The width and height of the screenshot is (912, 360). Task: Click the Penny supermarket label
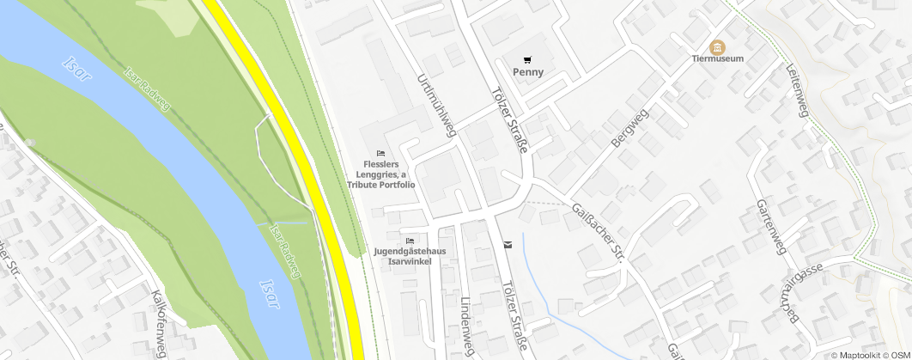click(x=528, y=72)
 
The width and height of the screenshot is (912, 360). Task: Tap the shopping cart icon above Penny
click(x=528, y=59)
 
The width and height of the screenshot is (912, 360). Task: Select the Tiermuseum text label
click(x=717, y=58)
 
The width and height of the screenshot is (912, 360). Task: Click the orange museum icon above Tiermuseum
click(x=717, y=46)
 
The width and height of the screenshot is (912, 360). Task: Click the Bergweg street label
click(x=630, y=127)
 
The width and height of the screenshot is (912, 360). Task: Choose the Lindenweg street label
click(x=466, y=323)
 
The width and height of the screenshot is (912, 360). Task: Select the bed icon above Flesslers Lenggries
click(x=380, y=153)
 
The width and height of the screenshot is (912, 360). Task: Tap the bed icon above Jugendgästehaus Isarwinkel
click(x=410, y=241)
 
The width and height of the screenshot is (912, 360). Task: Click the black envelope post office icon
click(x=508, y=245)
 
